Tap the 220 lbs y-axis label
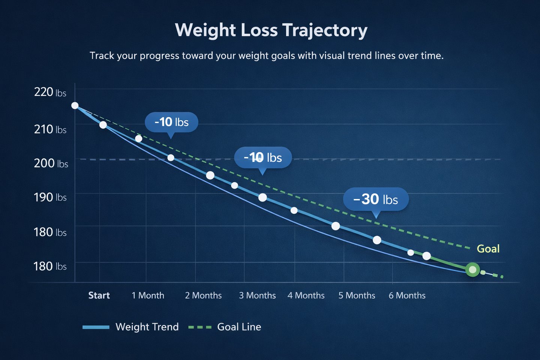[x=50, y=92]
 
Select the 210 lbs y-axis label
[x=50, y=129]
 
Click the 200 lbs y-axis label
[x=51, y=163]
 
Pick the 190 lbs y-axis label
[x=50, y=197]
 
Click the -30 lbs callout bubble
[x=376, y=199]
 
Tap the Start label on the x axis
[x=99, y=295]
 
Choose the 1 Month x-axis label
[x=148, y=295]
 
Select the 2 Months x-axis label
[x=203, y=295]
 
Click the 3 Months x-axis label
[x=257, y=295]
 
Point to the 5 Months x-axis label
[x=357, y=295]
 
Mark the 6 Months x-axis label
[x=407, y=295]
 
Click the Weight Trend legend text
[x=147, y=327]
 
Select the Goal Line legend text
[x=239, y=327]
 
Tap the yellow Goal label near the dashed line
[x=488, y=249]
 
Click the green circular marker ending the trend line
[x=472, y=269]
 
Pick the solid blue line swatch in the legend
[x=96, y=327]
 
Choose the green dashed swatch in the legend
[x=199, y=327]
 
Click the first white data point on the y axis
[x=75, y=106]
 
